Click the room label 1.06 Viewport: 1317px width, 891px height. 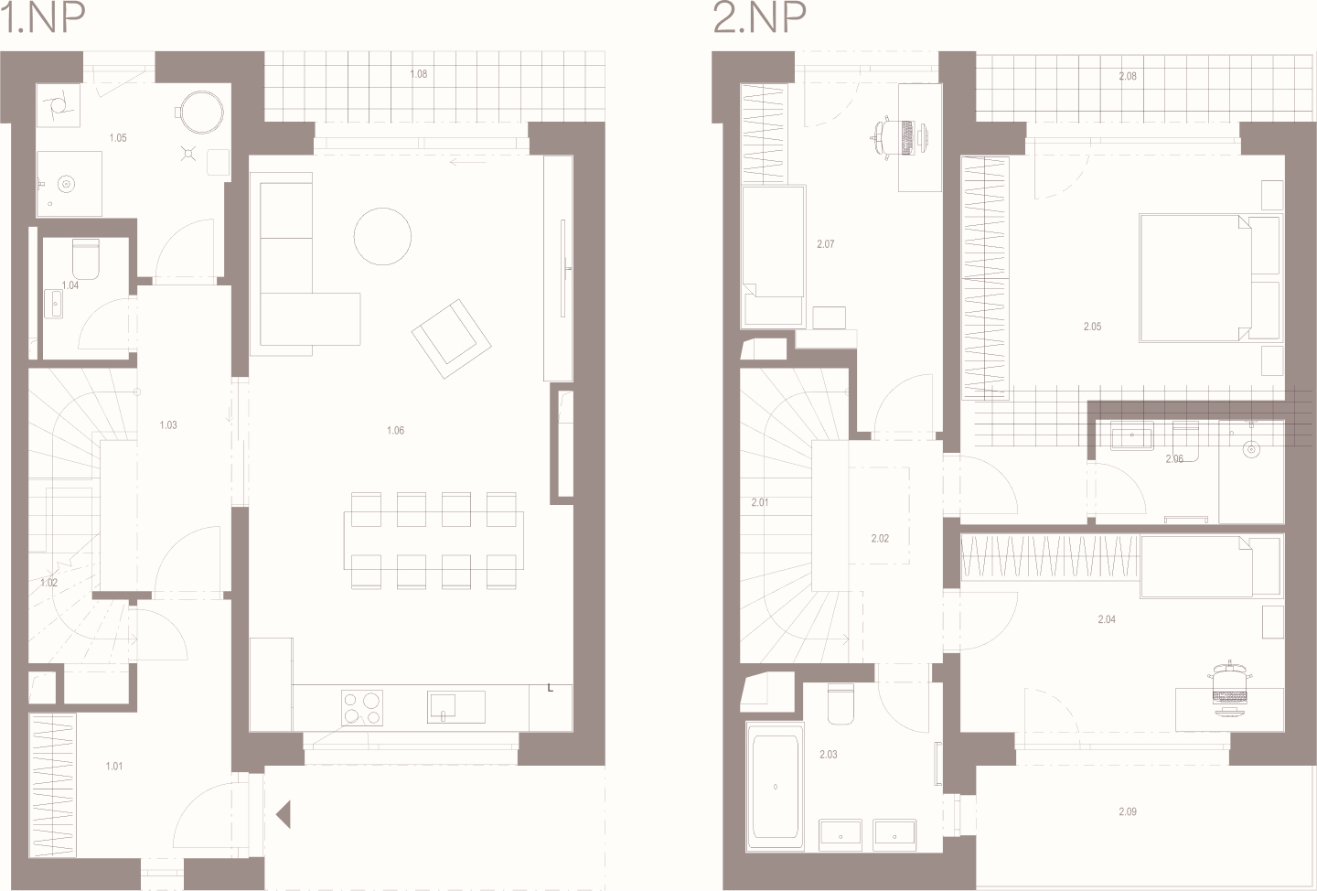(x=395, y=431)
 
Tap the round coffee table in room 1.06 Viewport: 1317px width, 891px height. (x=382, y=236)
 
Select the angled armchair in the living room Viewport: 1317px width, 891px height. (x=452, y=339)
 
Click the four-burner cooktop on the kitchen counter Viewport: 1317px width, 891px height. (x=362, y=707)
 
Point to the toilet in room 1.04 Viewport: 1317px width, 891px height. (x=86, y=259)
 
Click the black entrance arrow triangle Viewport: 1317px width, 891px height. (x=284, y=814)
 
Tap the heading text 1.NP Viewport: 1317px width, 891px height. (x=43, y=17)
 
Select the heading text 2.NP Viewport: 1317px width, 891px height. (x=759, y=17)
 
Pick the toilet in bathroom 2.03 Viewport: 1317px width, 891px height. (x=841, y=704)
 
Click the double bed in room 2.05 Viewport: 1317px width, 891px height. (x=1210, y=277)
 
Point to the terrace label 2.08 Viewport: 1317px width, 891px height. (x=1128, y=76)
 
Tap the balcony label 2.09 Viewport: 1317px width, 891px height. (x=1128, y=811)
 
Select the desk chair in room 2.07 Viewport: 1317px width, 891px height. (x=898, y=137)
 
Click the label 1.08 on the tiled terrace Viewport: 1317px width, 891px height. (x=419, y=74)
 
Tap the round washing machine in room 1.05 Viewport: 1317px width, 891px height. (x=201, y=113)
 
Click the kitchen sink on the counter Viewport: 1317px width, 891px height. (x=456, y=707)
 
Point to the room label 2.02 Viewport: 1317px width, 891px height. (x=880, y=538)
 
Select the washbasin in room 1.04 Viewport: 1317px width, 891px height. (x=53, y=304)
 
